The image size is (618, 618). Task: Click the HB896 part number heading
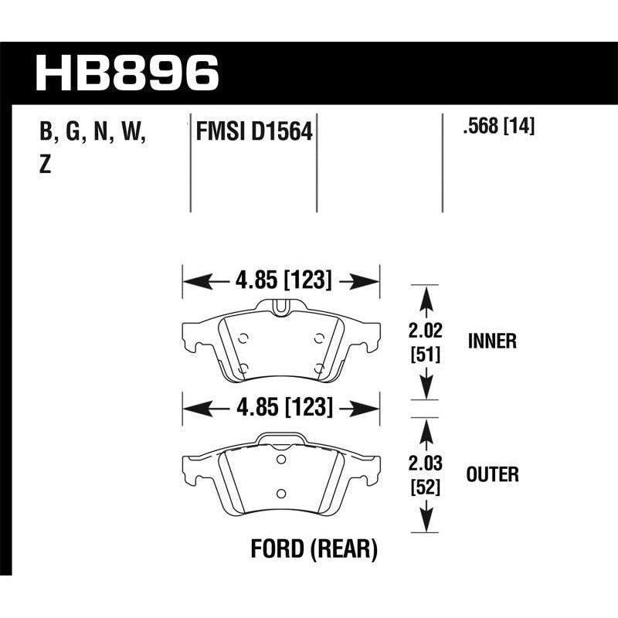click(x=128, y=73)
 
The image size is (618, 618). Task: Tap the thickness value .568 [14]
click(x=497, y=126)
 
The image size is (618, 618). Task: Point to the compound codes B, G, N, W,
click(x=93, y=132)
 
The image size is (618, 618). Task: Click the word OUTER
click(x=492, y=474)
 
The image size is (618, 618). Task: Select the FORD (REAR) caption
click(x=314, y=550)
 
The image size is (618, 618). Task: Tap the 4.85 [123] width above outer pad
click(x=281, y=407)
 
